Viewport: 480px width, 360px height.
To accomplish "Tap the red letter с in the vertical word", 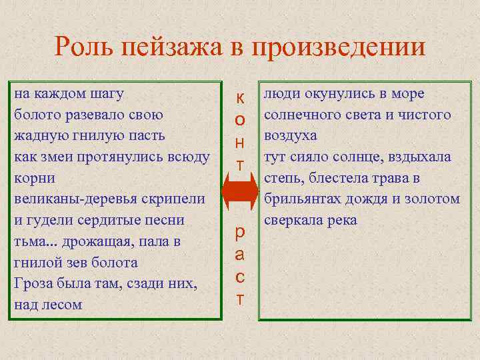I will [x=240, y=277].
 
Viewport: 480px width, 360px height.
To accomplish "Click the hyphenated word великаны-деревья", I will [x=76, y=199].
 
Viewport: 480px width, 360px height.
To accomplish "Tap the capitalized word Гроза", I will [x=33, y=283].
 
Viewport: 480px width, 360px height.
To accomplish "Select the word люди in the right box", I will [x=279, y=94].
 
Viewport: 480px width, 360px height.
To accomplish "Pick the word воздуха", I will [x=290, y=135].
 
